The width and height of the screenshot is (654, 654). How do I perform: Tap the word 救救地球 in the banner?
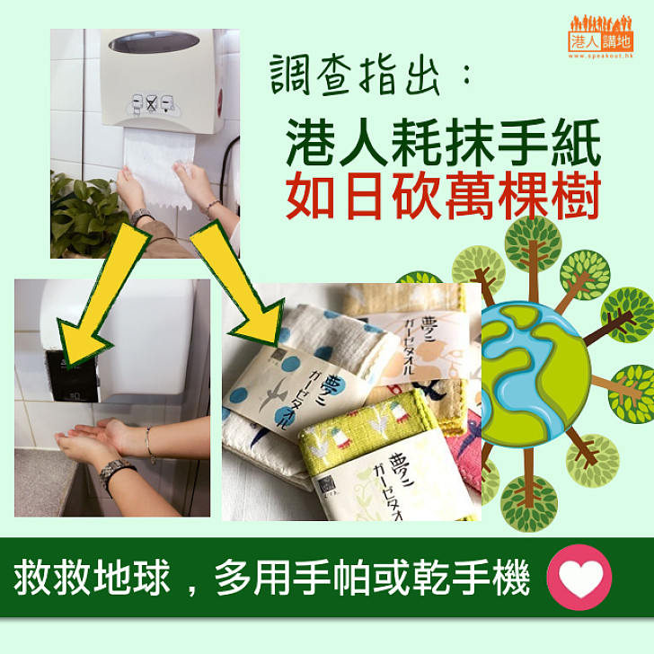[92, 579]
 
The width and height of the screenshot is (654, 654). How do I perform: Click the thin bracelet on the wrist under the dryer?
[150, 446]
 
